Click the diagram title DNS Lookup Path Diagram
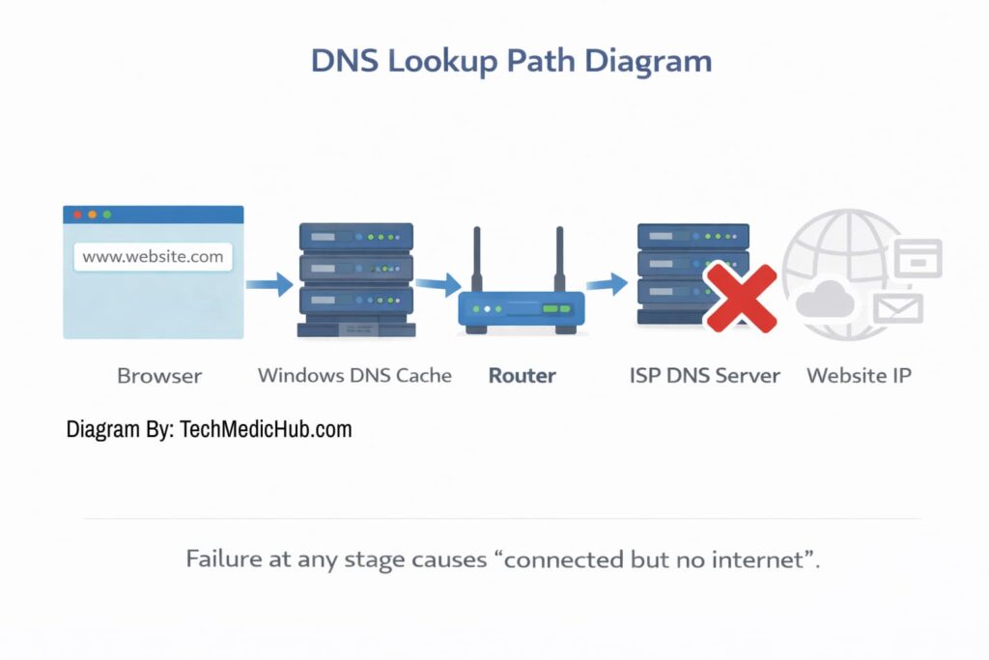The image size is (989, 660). point(511,61)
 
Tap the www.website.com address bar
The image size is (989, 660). point(153,257)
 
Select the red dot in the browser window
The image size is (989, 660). point(77,215)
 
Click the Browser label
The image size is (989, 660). point(159,375)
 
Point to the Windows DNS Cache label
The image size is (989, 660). point(354,375)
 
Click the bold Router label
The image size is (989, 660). point(522,375)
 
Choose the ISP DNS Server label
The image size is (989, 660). point(704,375)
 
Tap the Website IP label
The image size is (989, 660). point(859,375)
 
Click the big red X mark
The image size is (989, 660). point(739,299)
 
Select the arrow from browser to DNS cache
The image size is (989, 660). point(268,284)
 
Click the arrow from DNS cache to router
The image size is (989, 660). point(438,285)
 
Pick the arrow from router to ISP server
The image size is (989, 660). point(607,284)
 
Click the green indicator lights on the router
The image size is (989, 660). point(555,309)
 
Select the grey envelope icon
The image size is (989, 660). point(897,308)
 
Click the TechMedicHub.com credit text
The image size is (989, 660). point(209,429)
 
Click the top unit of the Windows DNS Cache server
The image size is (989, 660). point(355,237)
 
